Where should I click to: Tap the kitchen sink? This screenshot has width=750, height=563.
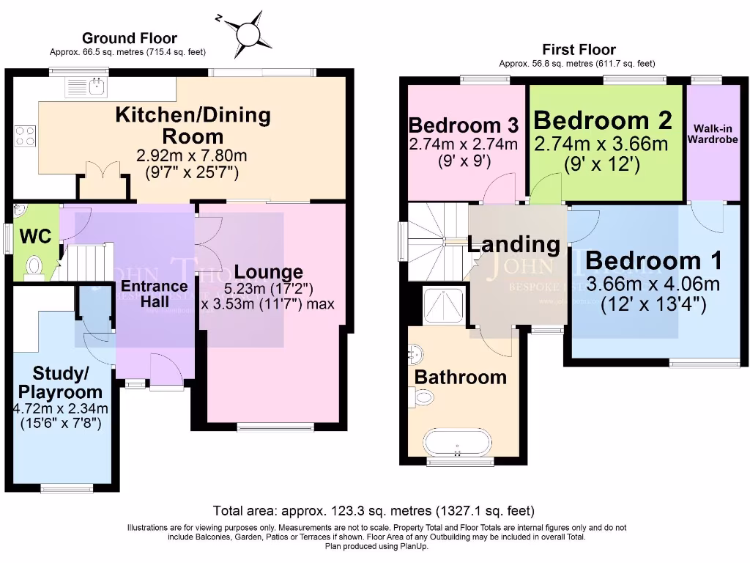click(x=94, y=88)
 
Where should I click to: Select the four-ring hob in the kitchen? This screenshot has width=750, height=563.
click(x=24, y=136)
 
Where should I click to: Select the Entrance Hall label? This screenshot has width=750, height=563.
click(x=154, y=293)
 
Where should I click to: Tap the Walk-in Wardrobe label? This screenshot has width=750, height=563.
click(x=712, y=133)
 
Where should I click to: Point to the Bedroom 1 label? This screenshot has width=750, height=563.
click(x=653, y=260)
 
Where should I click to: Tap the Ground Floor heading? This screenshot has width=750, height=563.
click(x=129, y=38)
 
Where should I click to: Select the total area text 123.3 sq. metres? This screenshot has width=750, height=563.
click(x=374, y=510)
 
